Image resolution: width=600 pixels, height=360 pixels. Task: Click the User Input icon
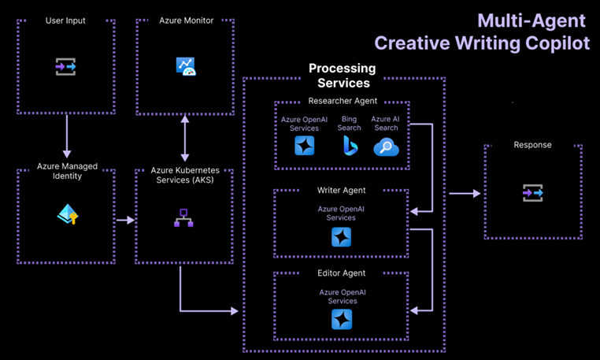tap(66, 67)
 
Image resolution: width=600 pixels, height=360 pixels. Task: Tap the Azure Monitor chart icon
tap(186, 66)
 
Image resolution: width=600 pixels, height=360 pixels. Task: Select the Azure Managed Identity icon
tap(68, 214)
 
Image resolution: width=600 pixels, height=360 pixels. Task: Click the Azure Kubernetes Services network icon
tap(183, 218)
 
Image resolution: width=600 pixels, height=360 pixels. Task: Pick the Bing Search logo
tap(350, 145)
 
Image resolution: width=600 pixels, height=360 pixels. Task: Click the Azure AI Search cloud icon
tap(386, 147)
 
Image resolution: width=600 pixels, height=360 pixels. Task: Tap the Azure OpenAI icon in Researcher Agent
tap(305, 146)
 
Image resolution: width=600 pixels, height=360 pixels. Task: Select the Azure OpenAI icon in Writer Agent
tap(341, 236)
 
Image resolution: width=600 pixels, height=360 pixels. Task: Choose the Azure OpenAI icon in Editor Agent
tap(342, 319)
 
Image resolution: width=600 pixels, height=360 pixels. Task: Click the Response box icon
tap(532, 193)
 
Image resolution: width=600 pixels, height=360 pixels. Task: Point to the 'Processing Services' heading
tap(343, 76)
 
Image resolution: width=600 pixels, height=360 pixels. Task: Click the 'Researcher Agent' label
tap(343, 101)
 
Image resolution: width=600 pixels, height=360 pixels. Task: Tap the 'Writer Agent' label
tap(342, 191)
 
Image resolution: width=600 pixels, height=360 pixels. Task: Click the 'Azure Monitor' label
tap(186, 20)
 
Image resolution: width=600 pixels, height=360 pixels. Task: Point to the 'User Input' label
tap(66, 20)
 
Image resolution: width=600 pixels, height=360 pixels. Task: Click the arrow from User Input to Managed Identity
tap(67, 135)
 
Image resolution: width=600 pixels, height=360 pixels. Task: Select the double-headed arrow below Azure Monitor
tap(185, 138)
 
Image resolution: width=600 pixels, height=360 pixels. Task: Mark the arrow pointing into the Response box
tap(465, 193)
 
